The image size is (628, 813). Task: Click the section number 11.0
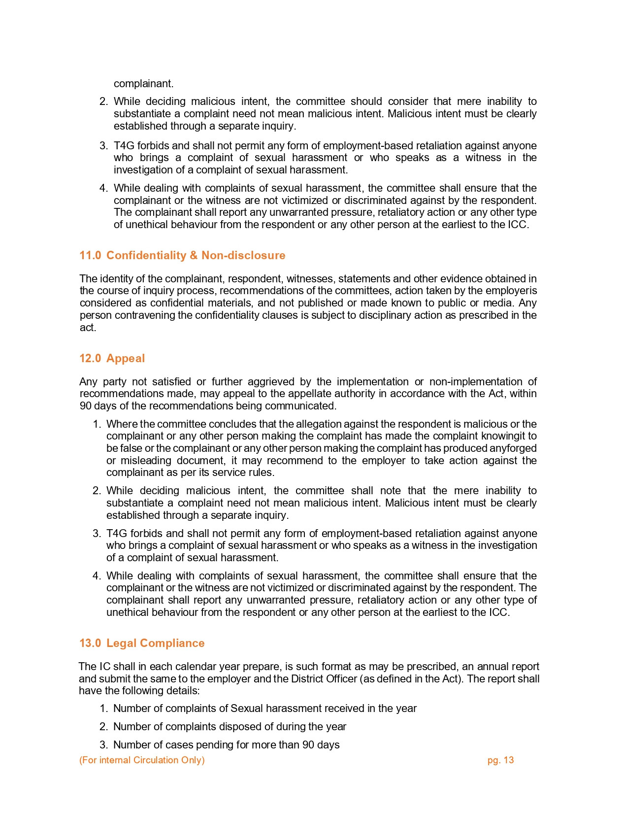90,255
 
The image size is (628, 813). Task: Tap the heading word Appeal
126,358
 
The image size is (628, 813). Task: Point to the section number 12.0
90,358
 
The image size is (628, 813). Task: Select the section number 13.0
90,643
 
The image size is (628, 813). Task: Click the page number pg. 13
500,760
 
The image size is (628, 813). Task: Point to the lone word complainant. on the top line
143,83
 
